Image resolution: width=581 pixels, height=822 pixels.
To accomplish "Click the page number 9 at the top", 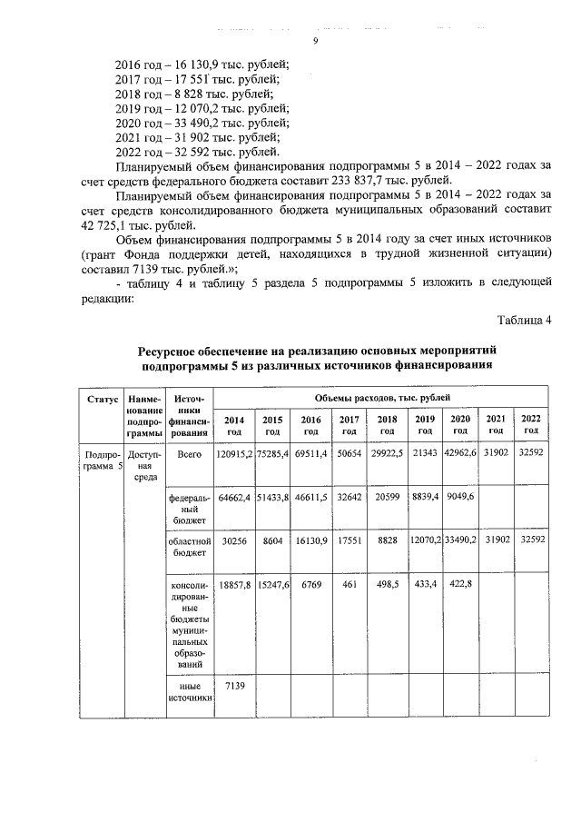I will coord(315,41).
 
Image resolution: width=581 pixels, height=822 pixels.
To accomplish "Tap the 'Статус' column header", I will coord(103,400).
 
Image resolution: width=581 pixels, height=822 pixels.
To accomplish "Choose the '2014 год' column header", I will coord(233,424).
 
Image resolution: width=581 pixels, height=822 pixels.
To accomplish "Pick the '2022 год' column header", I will coord(530,423).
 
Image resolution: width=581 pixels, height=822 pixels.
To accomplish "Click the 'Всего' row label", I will coord(190,453).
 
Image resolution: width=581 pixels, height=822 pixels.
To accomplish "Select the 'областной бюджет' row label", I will coord(190,545).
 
